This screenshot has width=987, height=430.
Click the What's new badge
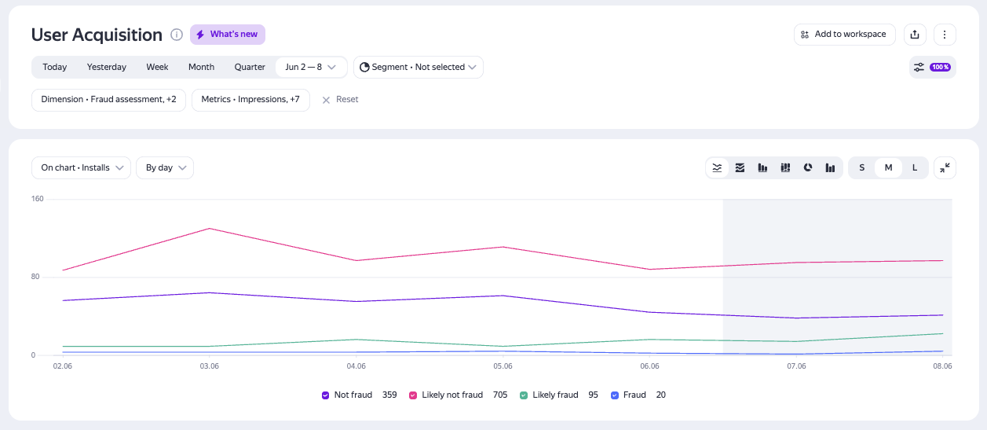point(227,35)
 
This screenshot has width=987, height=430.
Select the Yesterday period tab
point(107,67)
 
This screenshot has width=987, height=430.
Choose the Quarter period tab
point(250,67)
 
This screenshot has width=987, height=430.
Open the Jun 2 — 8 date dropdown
point(311,67)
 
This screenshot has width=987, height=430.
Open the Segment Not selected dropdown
point(418,67)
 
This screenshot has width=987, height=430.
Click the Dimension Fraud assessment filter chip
point(108,100)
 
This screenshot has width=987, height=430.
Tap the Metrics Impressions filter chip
point(250,100)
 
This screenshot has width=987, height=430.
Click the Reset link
point(341,100)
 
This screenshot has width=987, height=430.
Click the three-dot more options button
point(945,35)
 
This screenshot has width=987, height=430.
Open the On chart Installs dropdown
point(81,167)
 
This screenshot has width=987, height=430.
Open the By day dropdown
point(165,167)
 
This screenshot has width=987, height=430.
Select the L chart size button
point(914,167)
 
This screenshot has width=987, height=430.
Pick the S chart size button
point(862,167)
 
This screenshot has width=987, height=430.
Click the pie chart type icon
point(807,167)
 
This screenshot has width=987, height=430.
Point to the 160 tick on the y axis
point(38,199)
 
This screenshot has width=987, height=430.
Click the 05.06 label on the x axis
point(503,366)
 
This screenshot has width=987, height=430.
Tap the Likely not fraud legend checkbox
point(413,395)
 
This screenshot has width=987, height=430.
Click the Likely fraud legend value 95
point(594,395)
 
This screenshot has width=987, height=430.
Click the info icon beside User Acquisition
point(177,35)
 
